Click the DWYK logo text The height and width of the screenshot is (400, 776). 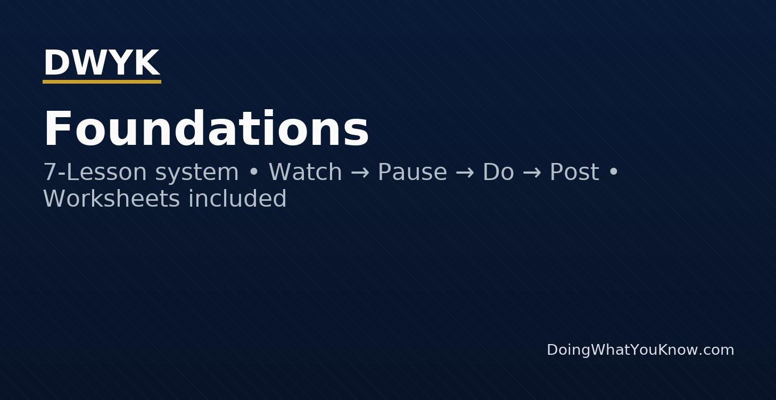click(101, 63)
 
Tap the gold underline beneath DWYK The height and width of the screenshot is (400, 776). click(102, 82)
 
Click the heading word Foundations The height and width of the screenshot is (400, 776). click(206, 129)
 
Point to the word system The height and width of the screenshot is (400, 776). click(197, 173)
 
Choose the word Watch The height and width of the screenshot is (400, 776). click(305, 173)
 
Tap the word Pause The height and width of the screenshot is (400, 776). click(412, 173)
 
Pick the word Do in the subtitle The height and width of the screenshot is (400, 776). click(498, 173)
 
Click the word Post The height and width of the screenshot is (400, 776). click(574, 173)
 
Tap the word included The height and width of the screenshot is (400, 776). click(237, 199)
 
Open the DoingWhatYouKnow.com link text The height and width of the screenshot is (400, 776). click(640, 350)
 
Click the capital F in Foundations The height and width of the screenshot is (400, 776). click(57, 129)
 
